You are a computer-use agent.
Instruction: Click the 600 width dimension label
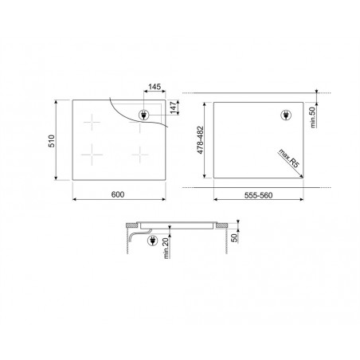(x=118, y=194)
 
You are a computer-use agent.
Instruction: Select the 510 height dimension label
(x=52, y=141)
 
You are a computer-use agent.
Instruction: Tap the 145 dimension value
(x=155, y=87)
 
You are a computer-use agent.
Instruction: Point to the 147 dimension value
(x=174, y=108)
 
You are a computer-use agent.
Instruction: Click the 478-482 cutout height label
(x=200, y=140)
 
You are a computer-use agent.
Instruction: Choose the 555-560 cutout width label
(x=258, y=195)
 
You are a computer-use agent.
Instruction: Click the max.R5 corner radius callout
(x=288, y=158)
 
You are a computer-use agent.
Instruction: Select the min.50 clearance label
(x=313, y=117)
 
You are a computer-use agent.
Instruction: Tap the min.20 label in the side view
(x=166, y=248)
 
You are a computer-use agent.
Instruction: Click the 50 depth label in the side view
(x=234, y=238)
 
